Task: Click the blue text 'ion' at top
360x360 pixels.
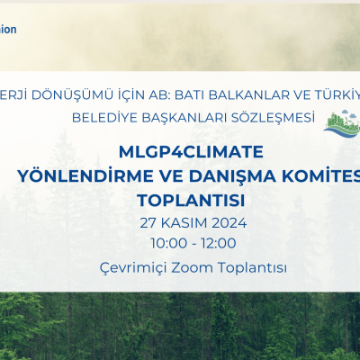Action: [x=8, y=29]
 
